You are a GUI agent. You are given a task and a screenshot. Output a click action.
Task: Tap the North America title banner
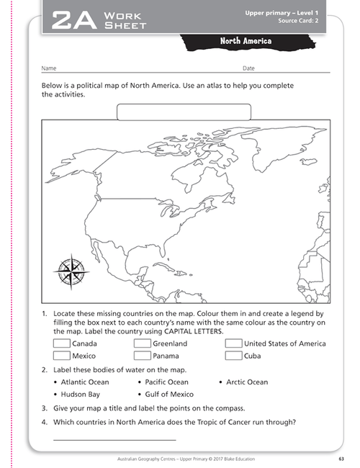tap(246, 42)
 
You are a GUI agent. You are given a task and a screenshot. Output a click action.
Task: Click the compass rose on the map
tap(70, 271)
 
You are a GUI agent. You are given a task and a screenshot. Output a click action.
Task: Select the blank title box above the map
tap(184, 112)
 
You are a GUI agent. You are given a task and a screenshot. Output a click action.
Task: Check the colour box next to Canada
tap(61, 343)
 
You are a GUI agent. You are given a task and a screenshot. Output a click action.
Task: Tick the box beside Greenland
tap(142, 343)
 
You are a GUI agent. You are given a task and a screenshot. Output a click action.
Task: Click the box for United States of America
tap(233, 343)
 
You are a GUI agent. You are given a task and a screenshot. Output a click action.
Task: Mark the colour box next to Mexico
tap(61, 356)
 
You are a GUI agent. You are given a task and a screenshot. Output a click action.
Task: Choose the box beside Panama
tap(142, 356)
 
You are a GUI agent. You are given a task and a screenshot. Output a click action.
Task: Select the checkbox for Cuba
tap(233, 356)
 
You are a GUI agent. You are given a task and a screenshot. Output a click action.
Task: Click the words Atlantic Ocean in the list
tap(85, 382)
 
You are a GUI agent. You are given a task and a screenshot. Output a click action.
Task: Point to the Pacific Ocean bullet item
tap(166, 382)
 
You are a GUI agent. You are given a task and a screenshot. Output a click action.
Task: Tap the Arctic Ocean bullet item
tap(246, 382)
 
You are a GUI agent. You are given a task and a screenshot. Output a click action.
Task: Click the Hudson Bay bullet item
tap(80, 395)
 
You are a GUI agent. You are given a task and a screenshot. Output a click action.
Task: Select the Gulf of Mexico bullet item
tap(168, 395)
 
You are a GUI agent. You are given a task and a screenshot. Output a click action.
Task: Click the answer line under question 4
tap(114, 439)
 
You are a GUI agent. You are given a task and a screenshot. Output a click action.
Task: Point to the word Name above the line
tap(49, 68)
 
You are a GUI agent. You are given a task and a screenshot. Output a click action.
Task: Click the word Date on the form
tap(248, 68)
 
